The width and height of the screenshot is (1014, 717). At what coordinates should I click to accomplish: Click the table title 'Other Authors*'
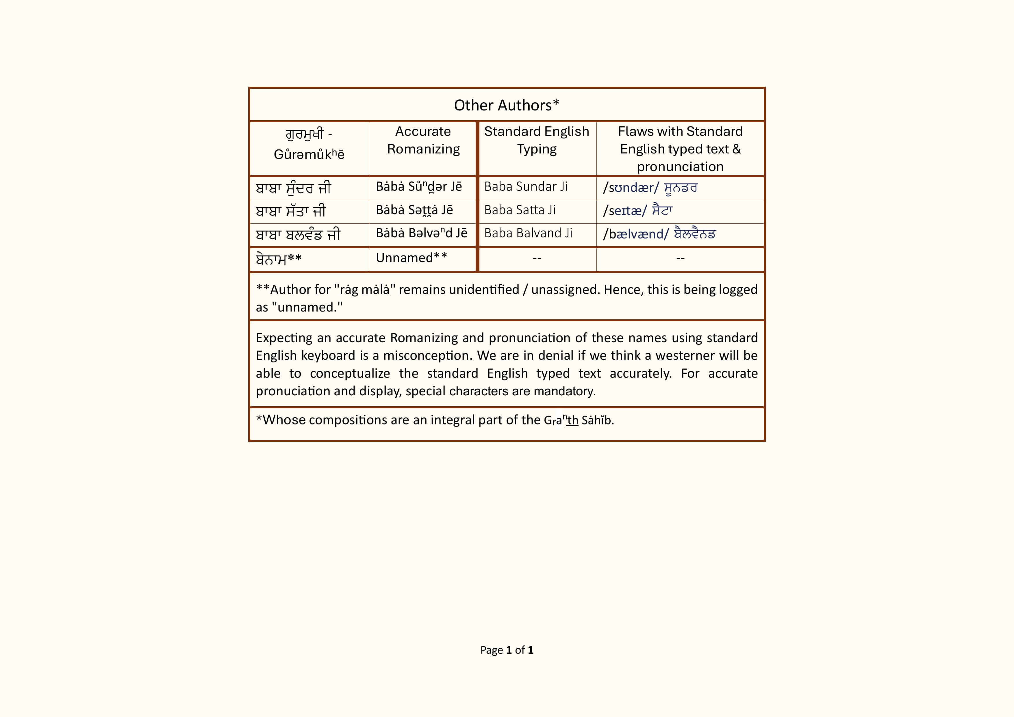[507, 105]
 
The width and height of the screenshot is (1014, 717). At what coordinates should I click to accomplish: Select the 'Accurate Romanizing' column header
[423, 140]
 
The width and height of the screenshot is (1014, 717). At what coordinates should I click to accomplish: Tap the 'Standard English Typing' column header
[537, 140]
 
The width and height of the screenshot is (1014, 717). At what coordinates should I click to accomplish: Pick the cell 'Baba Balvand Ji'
[528, 233]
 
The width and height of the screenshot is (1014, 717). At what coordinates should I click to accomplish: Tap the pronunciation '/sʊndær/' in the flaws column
[631, 188]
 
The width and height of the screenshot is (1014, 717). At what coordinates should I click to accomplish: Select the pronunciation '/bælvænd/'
[636, 234]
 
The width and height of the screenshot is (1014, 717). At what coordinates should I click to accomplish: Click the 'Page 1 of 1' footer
[507, 650]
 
